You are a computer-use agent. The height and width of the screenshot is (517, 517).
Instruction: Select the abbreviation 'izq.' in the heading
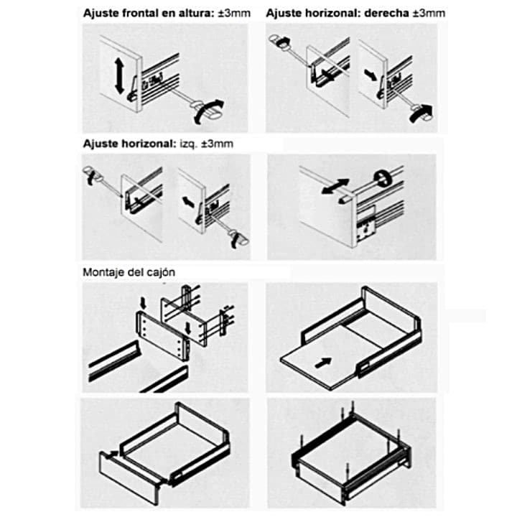click(187, 144)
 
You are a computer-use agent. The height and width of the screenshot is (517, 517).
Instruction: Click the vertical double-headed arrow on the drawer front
click(119, 75)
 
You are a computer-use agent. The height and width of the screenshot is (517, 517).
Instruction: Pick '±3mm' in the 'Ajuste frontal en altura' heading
click(234, 14)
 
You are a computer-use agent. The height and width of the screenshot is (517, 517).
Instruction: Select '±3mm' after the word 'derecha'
click(429, 13)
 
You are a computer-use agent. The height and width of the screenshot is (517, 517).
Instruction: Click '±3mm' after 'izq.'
click(217, 144)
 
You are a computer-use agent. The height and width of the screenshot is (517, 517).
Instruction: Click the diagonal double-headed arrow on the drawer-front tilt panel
click(335, 186)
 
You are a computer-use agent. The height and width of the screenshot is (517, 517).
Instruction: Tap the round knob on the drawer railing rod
click(383, 178)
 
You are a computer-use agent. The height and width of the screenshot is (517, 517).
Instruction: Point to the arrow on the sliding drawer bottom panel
click(323, 363)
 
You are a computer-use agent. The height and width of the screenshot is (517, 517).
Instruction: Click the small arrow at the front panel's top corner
click(112, 454)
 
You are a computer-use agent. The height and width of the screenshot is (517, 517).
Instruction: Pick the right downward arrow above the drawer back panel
click(188, 328)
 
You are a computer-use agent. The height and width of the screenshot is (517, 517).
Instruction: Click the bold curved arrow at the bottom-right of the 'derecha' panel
click(421, 113)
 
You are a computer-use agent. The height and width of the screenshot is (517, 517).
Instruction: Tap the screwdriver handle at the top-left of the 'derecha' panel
click(279, 41)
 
